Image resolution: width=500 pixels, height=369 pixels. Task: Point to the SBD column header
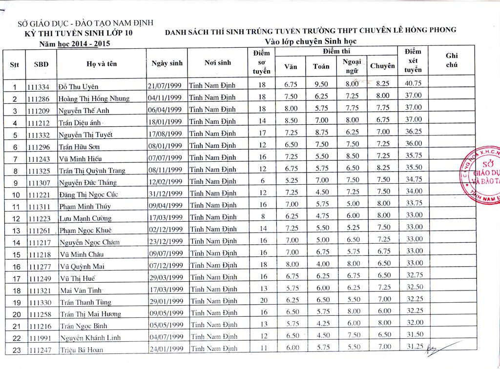click(41, 64)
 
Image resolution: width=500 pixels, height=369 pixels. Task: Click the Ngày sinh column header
click(167, 63)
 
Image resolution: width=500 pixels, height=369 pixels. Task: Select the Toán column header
click(321, 66)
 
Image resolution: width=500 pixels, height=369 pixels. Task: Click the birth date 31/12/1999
click(165, 194)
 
